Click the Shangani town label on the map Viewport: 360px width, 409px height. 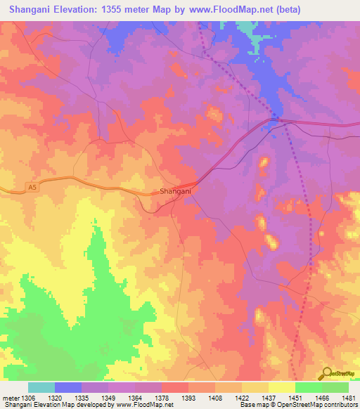coord(175,190)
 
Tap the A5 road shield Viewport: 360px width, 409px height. coord(32,187)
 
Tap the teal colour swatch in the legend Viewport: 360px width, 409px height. coord(41,387)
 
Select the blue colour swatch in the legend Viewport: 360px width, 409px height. coord(68,387)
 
